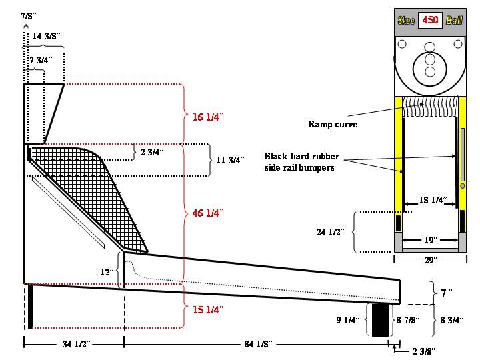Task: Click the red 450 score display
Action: pos(430,20)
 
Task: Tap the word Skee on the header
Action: pos(406,21)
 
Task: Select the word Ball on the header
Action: pos(454,21)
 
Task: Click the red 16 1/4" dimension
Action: pos(208,117)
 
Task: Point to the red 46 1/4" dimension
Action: pos(208,213)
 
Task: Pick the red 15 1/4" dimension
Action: pos(208,309)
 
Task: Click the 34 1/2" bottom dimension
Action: pos(76,344)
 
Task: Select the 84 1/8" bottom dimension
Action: pos(258,344)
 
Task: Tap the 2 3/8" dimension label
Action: pos(424,351)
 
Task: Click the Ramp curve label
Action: pos(333,124)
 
